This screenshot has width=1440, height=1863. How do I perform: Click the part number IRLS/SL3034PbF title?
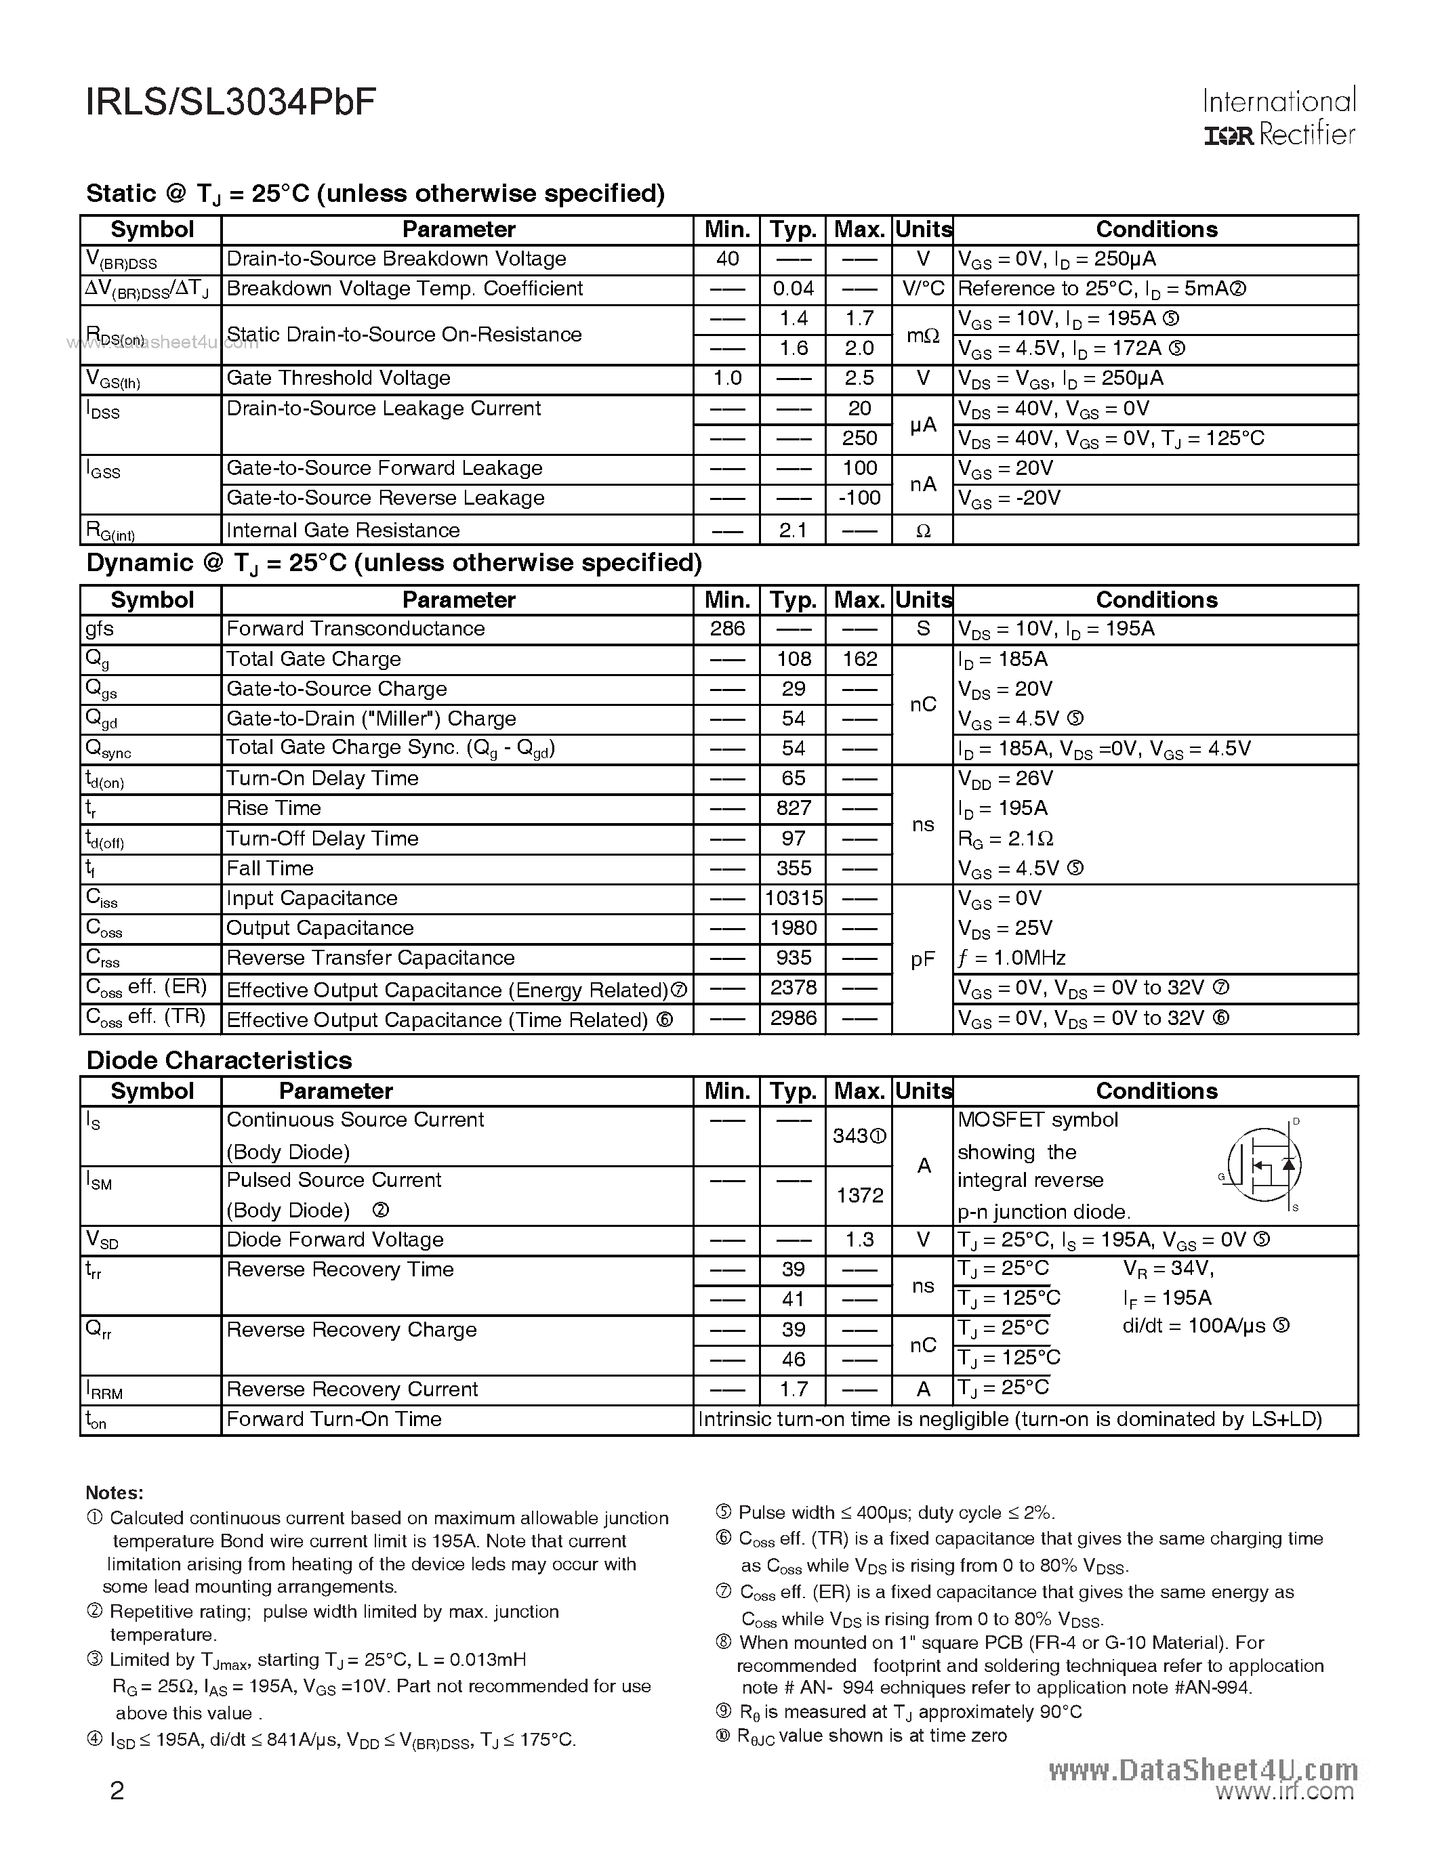click(x=230, y=102)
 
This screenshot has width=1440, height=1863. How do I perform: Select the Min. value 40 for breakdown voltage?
click(x=726, y=259)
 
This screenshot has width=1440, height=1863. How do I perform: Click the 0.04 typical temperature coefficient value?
click(x=793, y=289)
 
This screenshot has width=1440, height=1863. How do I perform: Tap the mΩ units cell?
click(x=922, y=335)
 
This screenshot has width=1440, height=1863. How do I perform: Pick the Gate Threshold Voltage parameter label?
click(x=338, y=378)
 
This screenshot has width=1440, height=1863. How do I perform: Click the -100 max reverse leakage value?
click(x=859, y=497)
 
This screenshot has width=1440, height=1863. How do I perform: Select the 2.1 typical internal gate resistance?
click(x=793, y=530)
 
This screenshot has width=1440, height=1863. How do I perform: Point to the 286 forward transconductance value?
click(x=726, y=629)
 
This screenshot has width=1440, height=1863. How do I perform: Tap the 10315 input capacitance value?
click(x=793, y=898)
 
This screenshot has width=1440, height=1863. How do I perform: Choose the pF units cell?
click(x=922, y=959)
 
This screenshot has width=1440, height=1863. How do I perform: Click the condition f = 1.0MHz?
click(x=1012, y=958)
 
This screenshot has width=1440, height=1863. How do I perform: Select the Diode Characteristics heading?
click(x=220, y=1060)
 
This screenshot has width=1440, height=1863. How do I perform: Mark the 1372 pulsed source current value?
click(x=859, y=1195)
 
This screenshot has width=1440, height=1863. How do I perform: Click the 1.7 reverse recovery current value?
click(x=793, y=1389)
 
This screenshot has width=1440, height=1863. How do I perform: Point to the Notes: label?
click(x=115, y=1493)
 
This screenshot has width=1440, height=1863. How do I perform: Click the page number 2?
click(x=117, y=1791)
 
